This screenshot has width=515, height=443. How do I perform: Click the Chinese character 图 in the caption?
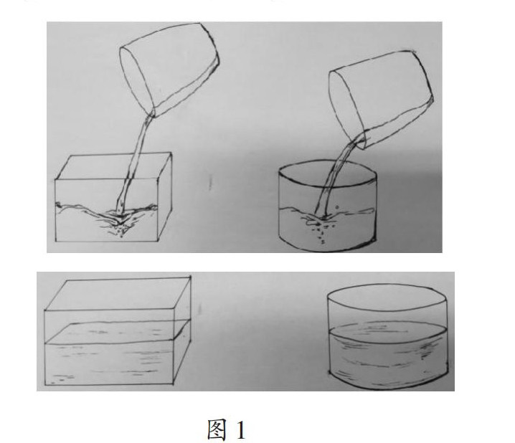217,429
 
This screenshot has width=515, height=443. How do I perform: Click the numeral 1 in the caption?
241,430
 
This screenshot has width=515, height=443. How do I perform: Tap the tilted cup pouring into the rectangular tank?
169,69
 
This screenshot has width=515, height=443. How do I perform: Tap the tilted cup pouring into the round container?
381,99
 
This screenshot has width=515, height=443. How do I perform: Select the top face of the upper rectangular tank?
113,166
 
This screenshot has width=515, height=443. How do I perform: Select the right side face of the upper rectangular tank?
165,197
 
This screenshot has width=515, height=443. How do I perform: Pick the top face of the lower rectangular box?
118,294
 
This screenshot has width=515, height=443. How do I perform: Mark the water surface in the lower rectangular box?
117,332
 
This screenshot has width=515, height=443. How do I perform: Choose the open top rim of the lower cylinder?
387,284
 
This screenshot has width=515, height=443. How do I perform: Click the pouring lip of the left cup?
152,113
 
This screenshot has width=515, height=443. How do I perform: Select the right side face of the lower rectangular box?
182,330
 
